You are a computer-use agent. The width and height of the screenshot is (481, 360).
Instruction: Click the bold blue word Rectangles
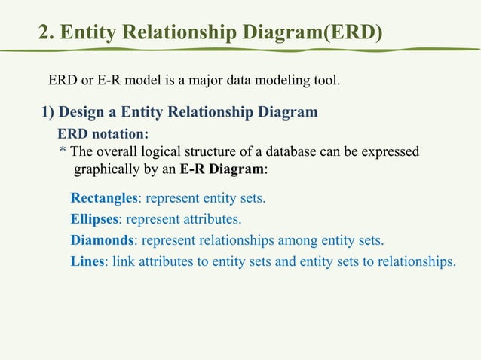[103, 199]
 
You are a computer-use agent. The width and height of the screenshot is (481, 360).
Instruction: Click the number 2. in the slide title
[47, 33]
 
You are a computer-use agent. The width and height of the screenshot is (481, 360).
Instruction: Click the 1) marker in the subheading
[47, 113]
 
